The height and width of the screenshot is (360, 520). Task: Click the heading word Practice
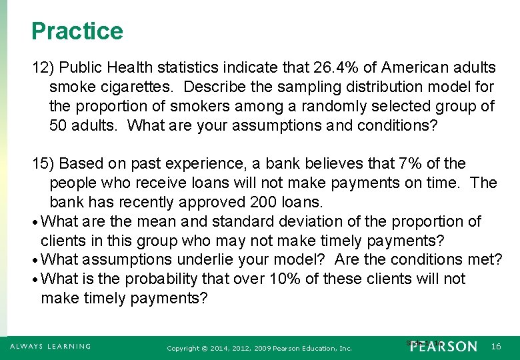77,31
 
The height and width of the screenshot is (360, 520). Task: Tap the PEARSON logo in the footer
444,347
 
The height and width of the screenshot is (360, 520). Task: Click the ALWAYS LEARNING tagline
50,347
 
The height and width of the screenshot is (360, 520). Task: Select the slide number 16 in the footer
496,347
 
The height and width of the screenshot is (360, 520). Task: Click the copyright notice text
259,348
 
